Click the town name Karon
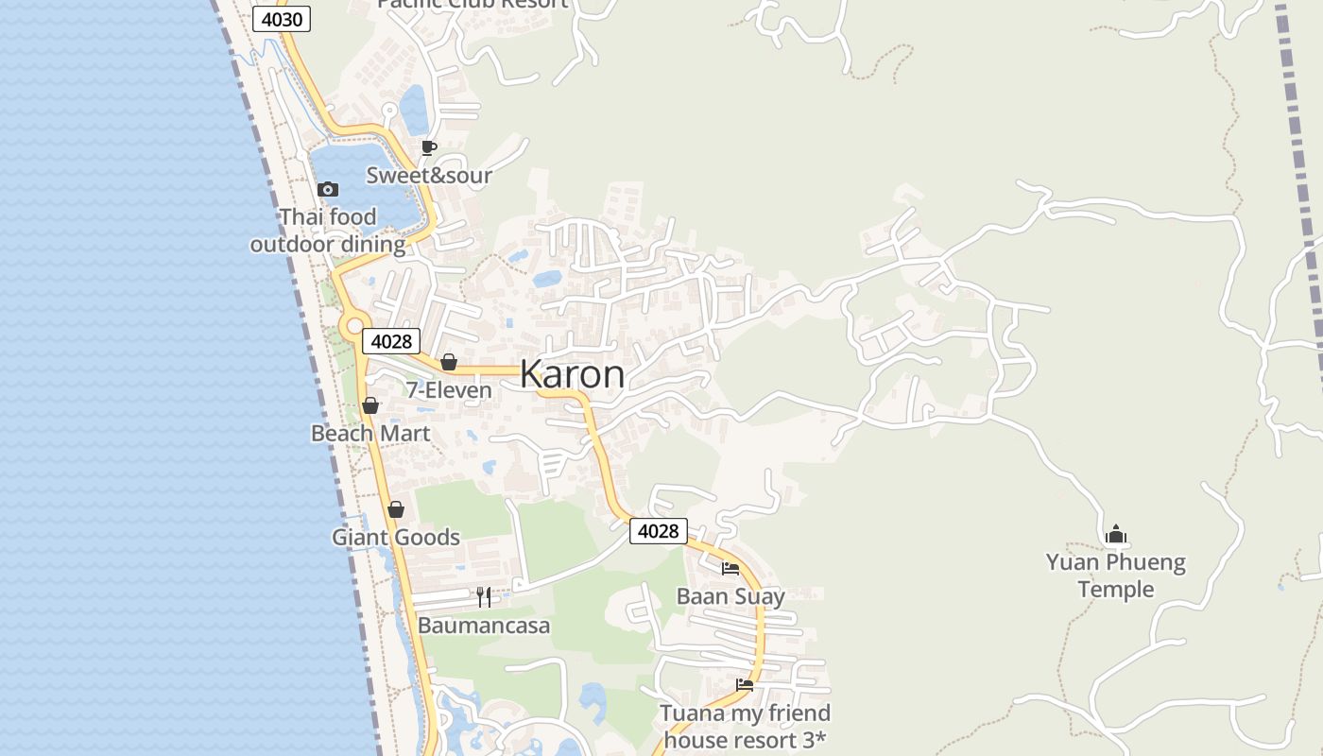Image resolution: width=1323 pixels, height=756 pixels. [572, 374]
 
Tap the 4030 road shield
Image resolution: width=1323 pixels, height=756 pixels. [282, 19]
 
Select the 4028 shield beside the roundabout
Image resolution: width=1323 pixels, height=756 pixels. [391, 341]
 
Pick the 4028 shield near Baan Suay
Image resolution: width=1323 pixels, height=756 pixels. [659, 531]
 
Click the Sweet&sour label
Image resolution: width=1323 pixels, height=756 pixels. [429, 175]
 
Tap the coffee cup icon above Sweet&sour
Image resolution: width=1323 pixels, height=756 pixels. [428, 147]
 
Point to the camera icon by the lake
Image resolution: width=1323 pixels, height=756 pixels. [328, 189]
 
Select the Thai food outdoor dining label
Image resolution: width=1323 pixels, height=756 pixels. [328, 231]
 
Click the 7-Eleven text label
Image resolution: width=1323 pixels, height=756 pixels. [449, 389]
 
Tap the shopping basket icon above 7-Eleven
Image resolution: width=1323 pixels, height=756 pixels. [449, 362]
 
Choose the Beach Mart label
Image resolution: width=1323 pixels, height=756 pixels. [370, 433]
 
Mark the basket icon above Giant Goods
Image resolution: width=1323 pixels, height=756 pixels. [396, 509]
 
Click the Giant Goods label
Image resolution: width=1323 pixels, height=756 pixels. [396, 537]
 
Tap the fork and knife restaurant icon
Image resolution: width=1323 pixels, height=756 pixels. [484, 596]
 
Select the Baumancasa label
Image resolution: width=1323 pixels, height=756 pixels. [484, 625]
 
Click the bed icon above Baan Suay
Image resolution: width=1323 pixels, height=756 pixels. [730, 568]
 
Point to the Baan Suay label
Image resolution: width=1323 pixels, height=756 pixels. [730, 596]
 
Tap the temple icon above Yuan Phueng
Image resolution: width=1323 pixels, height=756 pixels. [1116, 535]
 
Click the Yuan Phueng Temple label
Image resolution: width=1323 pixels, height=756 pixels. [1116, 576]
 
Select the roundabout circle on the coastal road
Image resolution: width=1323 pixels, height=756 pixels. [354, 326]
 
